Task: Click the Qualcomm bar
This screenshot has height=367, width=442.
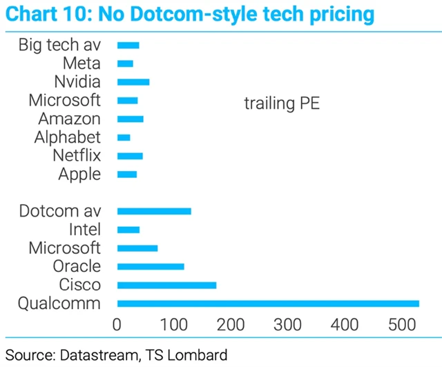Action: [x=268, y=304]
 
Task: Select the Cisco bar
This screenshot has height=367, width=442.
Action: [x=166, y=285]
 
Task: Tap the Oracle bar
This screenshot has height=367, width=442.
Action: [x=151, y=266]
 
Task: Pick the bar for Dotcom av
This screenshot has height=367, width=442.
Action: [x=154, y=211]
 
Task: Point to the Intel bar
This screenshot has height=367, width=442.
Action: [x=128, y=230]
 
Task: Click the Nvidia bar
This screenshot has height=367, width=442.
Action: [x=133, y=82]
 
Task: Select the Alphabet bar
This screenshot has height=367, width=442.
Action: [x=124, y=137]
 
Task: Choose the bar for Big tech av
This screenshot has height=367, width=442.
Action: [x=128, y=45]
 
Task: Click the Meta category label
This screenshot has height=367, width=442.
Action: [x=81, y=63]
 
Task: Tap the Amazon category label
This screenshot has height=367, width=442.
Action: [x=69, y=119]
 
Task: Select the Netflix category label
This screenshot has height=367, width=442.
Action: [x=77, y=156]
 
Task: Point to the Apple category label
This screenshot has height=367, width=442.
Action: [x=79, y=174]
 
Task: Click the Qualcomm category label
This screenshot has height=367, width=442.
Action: [x=60, y=304]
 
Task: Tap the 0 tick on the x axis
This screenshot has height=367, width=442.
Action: [x=117, y=324]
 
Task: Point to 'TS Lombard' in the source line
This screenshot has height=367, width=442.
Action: [x=185, y=355]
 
